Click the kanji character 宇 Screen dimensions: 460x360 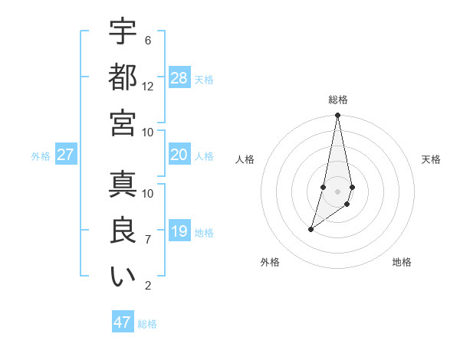(123, 31)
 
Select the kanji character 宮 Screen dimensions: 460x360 (123, 123)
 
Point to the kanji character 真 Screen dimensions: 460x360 (123, 185)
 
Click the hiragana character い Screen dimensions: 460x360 (123, 277)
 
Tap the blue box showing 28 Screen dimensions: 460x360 (179, 77)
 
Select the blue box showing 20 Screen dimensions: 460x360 (179, 155)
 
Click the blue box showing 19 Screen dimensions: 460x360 (179, 231)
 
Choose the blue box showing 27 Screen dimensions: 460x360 (66, 155)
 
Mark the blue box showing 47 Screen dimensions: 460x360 (123, 322)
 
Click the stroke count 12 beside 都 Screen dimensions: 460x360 (148, 86)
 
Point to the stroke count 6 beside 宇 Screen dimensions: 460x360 (148, 40)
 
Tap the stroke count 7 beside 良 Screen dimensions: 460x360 (148, 240)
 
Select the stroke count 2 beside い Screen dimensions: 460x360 (148, 286)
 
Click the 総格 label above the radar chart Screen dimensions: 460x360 (338, 100)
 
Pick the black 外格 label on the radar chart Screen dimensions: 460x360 (270, 262)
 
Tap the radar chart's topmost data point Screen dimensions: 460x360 (337, 116)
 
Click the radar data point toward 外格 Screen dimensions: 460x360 (310, 229)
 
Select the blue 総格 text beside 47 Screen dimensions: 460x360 (147, 324)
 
